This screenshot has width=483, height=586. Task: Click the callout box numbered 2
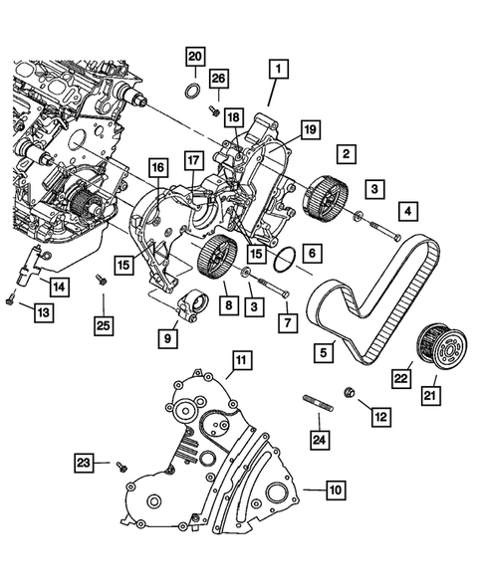tap(347, 154)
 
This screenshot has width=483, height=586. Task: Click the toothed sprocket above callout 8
tap(218, 262)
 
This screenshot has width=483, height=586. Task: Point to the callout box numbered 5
tap(324, 351)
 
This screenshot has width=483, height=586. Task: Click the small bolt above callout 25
tap(101, 279)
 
